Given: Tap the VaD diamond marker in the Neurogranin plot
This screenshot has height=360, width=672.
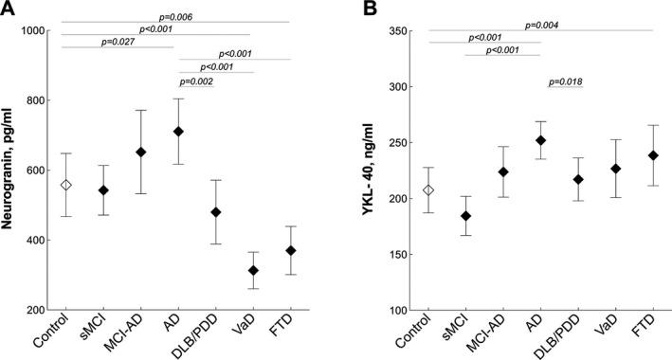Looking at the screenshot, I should click(x=253, y=271).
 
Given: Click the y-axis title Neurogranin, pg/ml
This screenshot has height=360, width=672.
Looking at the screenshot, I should click(x=11, y=171).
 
